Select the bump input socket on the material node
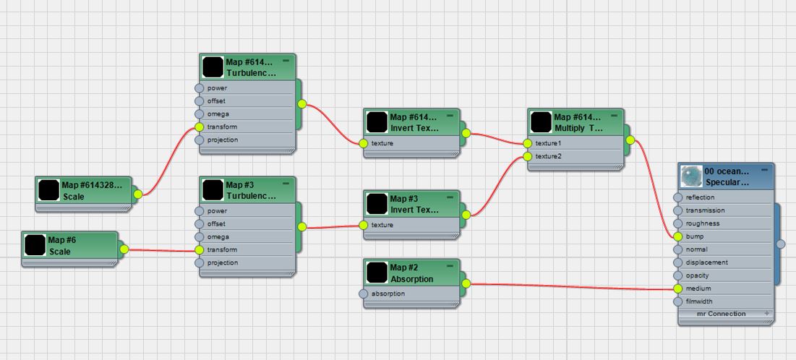(677, 236)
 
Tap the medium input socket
(677, 288)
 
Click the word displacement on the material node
(707, 262)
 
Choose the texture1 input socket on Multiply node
(528, 143)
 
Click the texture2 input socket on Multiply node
(528, 156)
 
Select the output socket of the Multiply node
(630, 140)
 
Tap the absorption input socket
(364, 294)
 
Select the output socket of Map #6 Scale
(124, 249)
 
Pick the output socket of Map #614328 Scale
(138, 194)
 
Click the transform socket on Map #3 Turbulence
(200, 249)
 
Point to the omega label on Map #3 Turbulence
(218, 236)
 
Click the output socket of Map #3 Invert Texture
(466, 214)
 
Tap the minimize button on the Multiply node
(613, 115)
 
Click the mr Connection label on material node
(721, 314)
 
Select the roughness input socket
(677, 223)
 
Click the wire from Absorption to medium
(571, 287)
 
